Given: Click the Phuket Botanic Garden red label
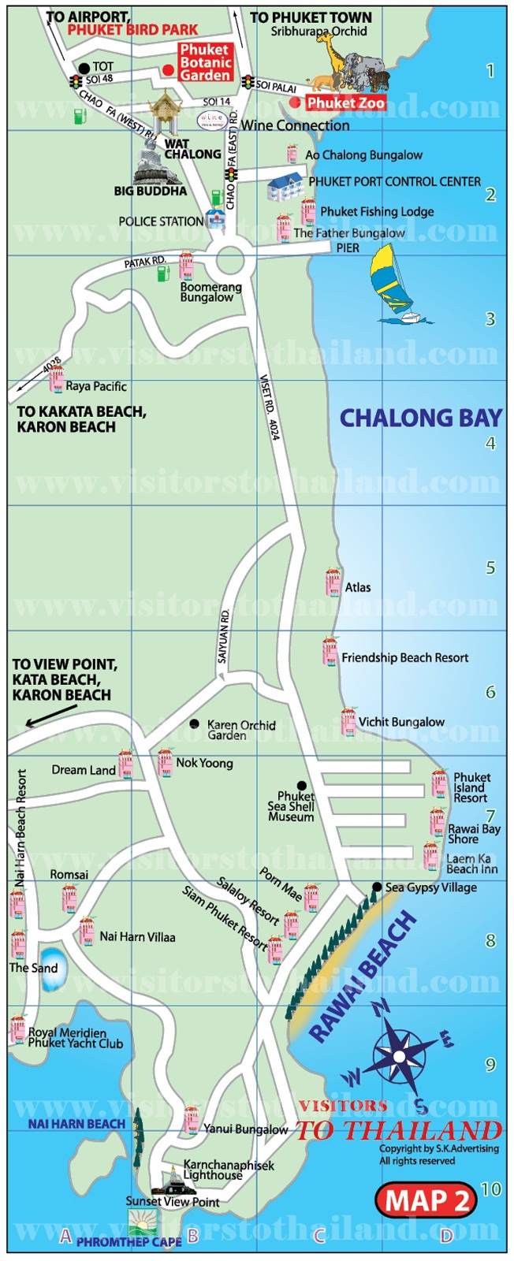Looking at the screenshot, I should (x=205, y=62).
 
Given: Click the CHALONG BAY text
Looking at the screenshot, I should (x=420, y=418).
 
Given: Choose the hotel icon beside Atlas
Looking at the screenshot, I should (x=333, y=582).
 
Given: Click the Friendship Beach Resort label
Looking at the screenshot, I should (x=404, y=657).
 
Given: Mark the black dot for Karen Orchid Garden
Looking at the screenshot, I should (x=194, y=723).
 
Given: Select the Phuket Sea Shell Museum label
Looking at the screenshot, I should (x=291, y=807).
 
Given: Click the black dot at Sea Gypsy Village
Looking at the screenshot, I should (x=377, y=887).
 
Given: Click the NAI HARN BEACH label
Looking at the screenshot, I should (x=76, y=1124).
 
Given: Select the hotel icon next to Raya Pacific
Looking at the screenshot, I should (x=56, y=379).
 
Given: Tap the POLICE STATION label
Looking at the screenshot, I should (x=161, y=221).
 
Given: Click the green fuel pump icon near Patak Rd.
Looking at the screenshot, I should (x=162, y=273).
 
